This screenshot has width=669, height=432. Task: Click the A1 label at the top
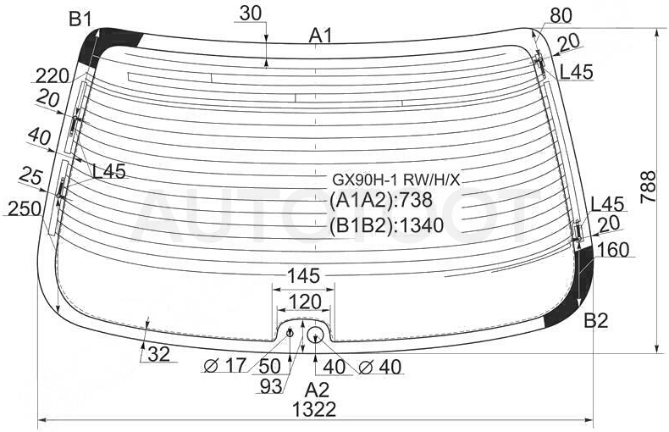[x=320, y=36]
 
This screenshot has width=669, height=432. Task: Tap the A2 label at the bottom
[x=318, y=390]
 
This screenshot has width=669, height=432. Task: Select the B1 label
[x=80, y=19]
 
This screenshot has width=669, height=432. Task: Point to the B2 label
[x=596, y=320]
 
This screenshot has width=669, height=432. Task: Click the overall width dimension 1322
[x=314, y=410]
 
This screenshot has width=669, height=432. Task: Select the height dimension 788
[x=648, y=186]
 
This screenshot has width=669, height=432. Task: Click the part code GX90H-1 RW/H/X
[x=396, y=180]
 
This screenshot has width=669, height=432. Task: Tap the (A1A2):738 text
[x=381, y=200]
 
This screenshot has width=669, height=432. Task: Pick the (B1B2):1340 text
[x=386, y=225]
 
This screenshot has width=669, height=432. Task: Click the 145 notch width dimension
[x=303, y=276]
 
